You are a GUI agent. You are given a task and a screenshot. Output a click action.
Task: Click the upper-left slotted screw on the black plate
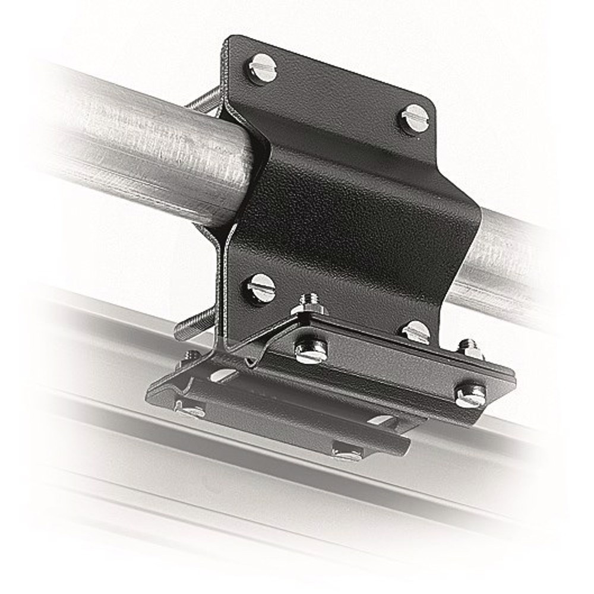point(262,69)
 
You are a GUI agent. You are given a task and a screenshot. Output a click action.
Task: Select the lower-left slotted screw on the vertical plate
point(261,287)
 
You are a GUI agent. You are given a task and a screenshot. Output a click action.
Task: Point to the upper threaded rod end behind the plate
point(205,101)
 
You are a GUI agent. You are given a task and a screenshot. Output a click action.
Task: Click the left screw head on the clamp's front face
point(311,351)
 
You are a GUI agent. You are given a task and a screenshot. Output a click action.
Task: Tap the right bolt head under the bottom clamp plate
point(347,453)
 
